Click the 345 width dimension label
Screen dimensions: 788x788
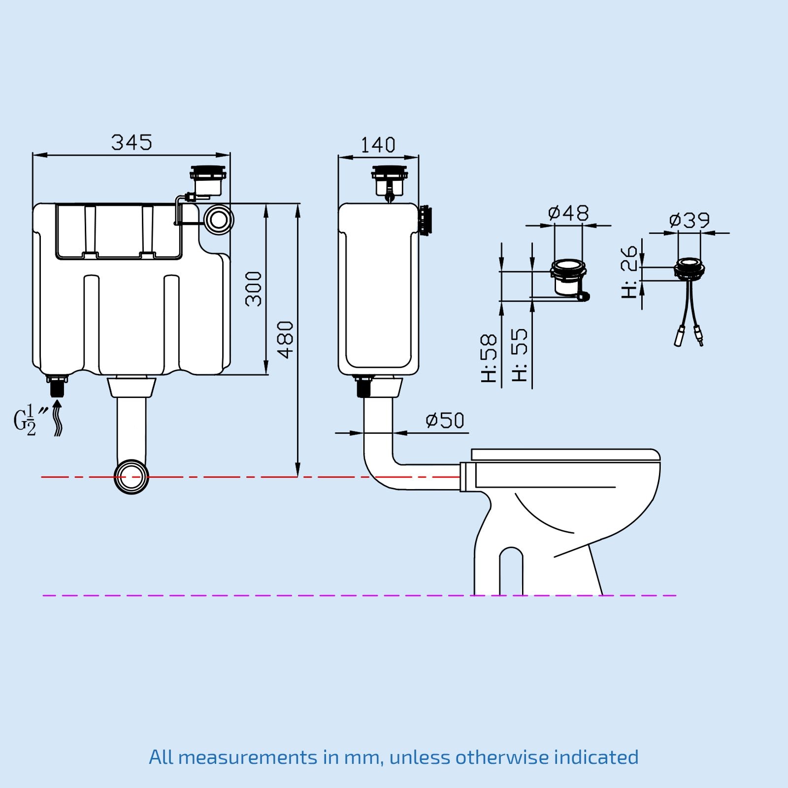[x=131, y=142]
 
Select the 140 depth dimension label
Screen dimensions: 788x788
[x=378, y=145]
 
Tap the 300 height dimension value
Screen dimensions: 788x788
[x=254, y=289]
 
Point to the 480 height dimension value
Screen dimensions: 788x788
[x=285, y=339]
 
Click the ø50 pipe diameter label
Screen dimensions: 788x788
[x=445, y=421]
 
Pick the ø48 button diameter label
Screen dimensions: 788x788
[x=568, y=213]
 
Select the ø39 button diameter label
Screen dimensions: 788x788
[x=689, y=220]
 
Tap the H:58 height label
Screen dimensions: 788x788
[x=489, y=359]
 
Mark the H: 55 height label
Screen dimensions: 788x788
[x=520, y=355]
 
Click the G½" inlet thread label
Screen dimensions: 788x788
[x=31, y=420]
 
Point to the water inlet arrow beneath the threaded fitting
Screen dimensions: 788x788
[x=58, y=418]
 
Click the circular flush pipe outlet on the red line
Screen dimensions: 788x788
[x=131, y=477]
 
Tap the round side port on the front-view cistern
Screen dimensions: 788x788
[x=219, y=220]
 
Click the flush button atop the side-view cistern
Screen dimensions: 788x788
[x=390, y=181]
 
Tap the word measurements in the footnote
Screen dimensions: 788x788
[x=248, y=757]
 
